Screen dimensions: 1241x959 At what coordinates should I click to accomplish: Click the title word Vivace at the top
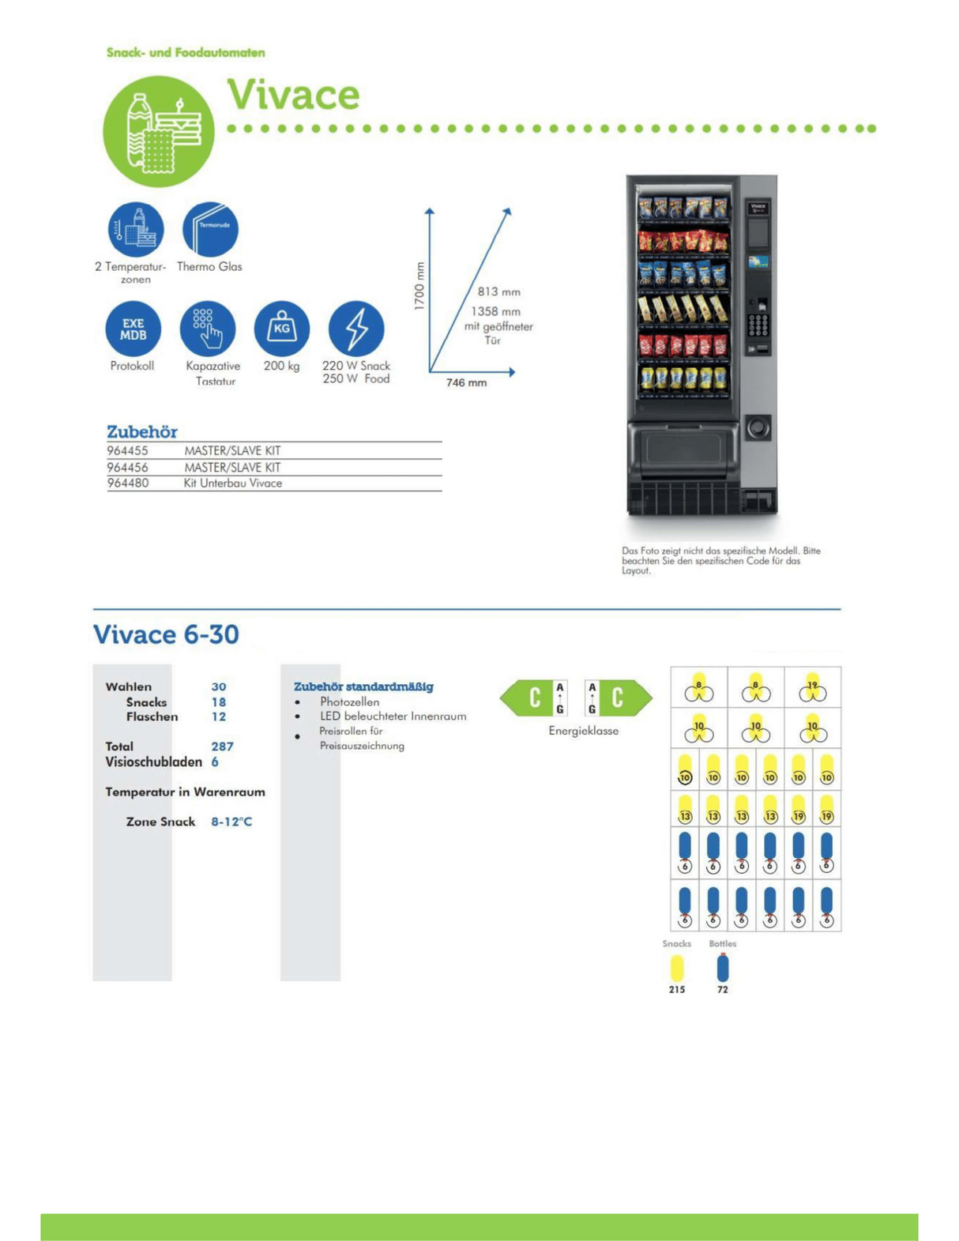(x=293, y=95)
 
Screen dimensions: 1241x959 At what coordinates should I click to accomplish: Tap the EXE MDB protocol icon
(x=133, y=329)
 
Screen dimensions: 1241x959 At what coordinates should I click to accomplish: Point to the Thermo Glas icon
(x=210, y=229)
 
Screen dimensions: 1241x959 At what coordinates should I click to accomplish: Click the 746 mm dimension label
(x=466, y=382)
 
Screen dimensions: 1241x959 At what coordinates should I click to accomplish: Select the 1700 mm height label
(x=419, y=286)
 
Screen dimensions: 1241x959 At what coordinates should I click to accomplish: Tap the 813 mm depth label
(x=498, y=291)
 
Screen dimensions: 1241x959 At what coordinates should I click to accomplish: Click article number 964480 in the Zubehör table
(x=127, y=483)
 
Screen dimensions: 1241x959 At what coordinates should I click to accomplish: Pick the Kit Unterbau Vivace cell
(x=232, y=483)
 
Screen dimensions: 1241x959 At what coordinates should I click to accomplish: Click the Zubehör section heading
(x=142, y=431)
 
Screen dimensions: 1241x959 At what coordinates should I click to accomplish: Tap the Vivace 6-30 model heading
(x=166, y=634)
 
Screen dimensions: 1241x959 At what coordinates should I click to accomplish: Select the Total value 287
(x=222, y=746)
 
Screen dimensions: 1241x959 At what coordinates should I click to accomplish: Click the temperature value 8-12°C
(x=231, y=822)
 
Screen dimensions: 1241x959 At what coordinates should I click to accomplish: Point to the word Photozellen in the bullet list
(x=349, y=701)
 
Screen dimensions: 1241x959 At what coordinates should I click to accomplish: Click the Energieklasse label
(x=583, y=731)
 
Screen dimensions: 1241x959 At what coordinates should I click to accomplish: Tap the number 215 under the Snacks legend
(x=677, y=989)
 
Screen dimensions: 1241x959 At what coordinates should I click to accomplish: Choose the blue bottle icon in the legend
(x=723, y=968)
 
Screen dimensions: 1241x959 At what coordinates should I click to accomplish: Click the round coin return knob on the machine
(x=758, y=427)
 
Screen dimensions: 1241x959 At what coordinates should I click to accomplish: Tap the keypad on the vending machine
(x=758, y=324)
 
